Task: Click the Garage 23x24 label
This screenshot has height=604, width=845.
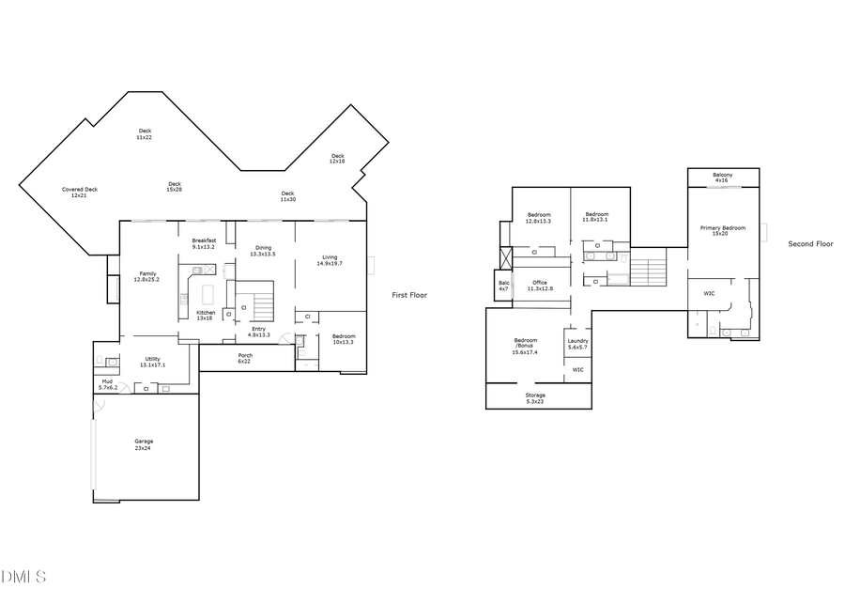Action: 144,444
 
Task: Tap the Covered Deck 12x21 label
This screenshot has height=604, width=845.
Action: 80,192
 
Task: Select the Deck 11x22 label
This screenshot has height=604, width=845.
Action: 145,134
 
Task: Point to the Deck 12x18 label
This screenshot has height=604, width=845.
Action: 337,159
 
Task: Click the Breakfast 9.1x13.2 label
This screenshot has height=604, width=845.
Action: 204,243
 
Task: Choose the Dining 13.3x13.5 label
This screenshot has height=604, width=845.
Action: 263,251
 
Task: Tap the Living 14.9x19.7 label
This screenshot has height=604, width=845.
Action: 330,260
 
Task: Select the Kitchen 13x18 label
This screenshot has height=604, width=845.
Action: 206,316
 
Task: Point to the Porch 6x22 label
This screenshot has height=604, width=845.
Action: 244,358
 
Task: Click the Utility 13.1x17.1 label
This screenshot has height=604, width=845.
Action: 151,361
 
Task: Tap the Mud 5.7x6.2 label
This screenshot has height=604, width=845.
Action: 107,384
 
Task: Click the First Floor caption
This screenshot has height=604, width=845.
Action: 409,295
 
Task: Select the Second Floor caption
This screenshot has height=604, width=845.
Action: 810,244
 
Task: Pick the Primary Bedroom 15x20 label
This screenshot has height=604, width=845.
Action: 722,230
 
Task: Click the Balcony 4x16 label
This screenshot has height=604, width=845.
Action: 722,178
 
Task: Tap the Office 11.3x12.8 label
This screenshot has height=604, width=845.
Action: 539,286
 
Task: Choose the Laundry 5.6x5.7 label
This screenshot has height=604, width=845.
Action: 578,344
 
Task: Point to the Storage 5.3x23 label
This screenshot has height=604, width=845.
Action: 535,398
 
